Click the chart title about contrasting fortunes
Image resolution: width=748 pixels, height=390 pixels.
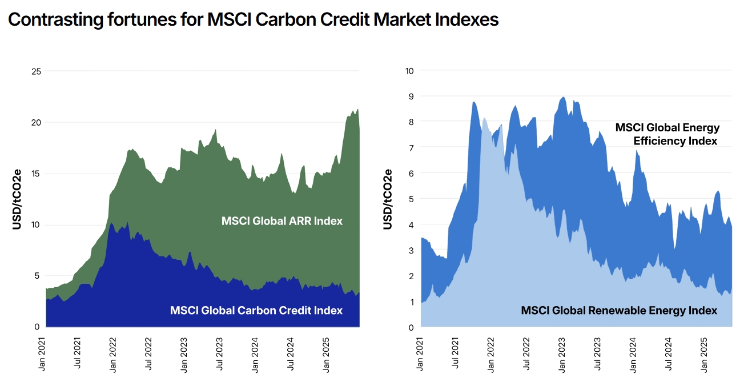(x=253, y=19)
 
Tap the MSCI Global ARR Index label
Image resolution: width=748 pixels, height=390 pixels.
(x=282, y=220)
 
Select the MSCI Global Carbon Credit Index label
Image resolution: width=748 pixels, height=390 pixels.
(x=256, y=310)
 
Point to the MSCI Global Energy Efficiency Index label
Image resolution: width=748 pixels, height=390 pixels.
(x=667, y=134)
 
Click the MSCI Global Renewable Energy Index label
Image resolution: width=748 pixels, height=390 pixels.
(x=619, y=310)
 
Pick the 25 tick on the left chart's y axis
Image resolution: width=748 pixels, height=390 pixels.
(x=36, y=71)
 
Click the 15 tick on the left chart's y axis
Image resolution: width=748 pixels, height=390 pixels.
(x=36, y=174)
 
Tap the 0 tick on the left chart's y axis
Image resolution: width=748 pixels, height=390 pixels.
(x=38, y=327)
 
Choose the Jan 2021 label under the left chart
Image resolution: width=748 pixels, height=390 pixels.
(x=42, y=355)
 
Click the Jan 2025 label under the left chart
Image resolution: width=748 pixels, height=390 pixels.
(x=326, y=355)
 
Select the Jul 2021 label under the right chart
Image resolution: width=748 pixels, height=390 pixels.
(x=456, y=355)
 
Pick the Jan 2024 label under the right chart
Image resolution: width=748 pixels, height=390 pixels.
(x=633, y=355)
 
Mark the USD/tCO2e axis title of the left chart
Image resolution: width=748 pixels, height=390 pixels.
(x=17, y=199)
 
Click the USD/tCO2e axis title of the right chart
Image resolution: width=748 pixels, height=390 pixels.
(x=388, y=199)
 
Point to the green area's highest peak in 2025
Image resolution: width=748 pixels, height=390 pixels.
(x=357, y=109)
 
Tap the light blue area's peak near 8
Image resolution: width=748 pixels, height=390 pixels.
(x=484, y=118)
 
